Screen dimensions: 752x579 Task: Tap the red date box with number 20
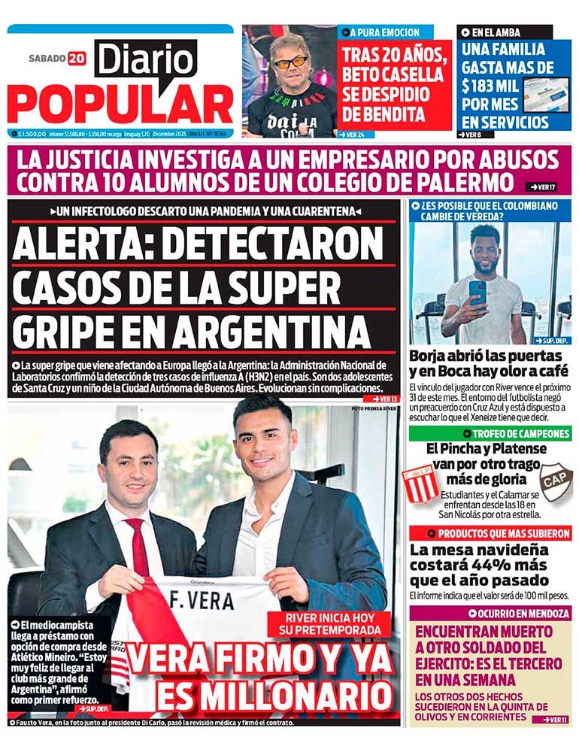tap(77, 58)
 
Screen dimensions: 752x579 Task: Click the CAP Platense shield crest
tap(557, 480)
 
